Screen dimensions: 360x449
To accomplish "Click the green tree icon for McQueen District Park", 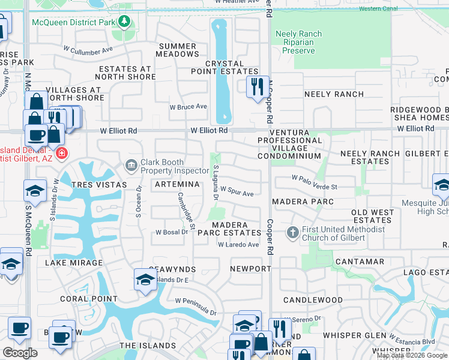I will pyautogui.click(x=124, y=22).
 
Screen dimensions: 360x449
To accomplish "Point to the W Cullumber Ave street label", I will pyautogui.click(x=88, y=50).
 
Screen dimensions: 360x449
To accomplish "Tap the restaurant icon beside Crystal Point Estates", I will pyautogui.click(x=257, y=86).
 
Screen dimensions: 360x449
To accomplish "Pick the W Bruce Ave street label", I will pyautogui.click(x=188, y=107).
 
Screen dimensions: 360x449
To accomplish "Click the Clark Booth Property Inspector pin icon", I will pyautogui.click(x=131, y=164).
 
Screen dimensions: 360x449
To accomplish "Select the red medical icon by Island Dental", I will pyautogui.click(x=61, y=154).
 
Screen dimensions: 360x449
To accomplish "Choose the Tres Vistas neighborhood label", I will pyautogui.click(x=99, y=185).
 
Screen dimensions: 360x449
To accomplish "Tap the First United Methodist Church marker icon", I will pyautogui.click(x=292, y=232).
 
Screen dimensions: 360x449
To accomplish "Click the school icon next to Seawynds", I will pyautogui.click(x=145, y=280).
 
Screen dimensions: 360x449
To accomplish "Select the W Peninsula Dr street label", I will pyautogui.click(x=196, y=306).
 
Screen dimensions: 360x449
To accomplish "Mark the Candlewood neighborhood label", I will pyautogui.click(x=313, y=300).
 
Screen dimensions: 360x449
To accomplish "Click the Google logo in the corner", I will pyautogui.click(x=20, y=353).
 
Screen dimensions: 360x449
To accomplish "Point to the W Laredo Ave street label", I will pyautogui.click(x=238, y=245).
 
